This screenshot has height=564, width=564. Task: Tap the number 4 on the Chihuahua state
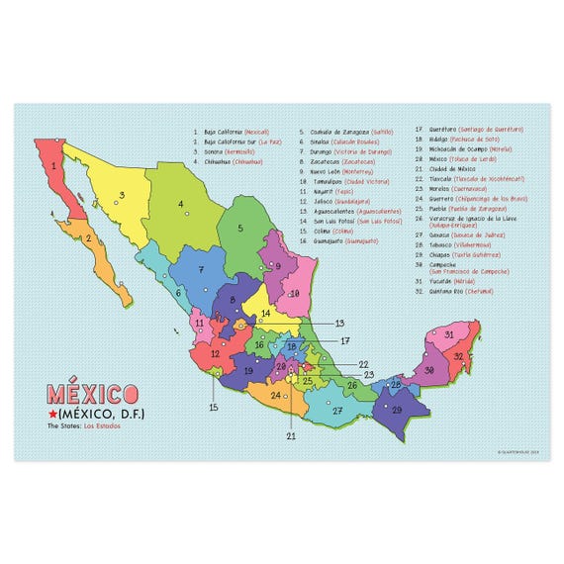click(x=181, y=206)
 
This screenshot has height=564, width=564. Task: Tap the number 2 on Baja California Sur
click(x=89, y=237)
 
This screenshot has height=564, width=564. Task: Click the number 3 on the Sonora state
click(x=121, y=195)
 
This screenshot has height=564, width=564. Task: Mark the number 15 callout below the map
click(x=213, y=407)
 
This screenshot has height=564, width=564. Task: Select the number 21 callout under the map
click(x=290, y=435)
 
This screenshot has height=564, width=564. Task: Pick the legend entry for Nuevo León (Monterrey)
click(x=334, y=170)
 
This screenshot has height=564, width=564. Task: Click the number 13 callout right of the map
click(x=338, y=323)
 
